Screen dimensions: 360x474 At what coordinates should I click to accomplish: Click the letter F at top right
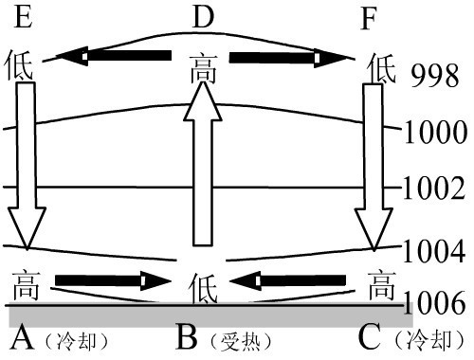(375, 17)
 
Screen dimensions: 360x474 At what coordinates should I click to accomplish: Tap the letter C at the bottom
(373, 336)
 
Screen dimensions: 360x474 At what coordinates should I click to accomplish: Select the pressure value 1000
(435, 133)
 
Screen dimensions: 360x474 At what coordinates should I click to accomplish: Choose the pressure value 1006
(435, 303)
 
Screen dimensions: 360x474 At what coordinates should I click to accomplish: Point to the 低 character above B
(202, 283)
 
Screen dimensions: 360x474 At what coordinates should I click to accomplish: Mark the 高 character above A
(27, 281)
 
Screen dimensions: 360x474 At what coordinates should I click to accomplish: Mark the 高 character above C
(380, 281)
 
